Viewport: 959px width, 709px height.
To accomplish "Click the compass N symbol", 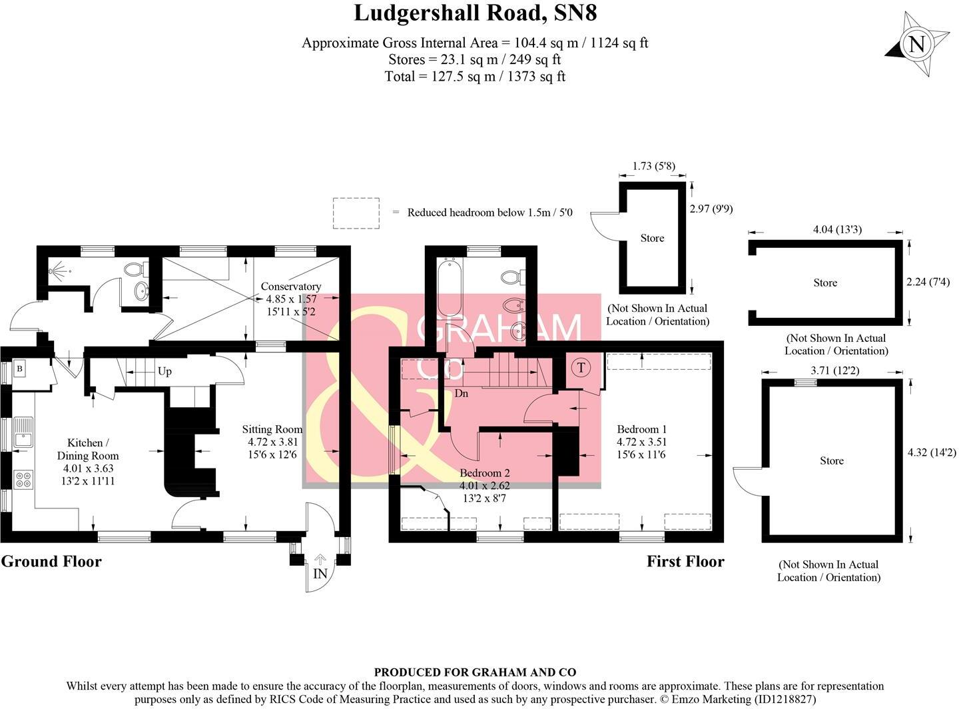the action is pos(917,45).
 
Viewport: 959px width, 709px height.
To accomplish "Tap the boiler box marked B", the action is pos(19,368).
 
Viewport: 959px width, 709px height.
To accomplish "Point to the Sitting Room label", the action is pos(272,429).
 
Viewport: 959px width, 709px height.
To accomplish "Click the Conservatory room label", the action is pos(291,287).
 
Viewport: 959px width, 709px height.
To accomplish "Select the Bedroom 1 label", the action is pos(641,429).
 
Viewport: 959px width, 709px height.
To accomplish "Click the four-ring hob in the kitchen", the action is pos(23,479).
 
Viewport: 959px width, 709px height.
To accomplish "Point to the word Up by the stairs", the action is pos(164,371).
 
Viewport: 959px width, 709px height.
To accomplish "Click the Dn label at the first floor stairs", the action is pos(461,393).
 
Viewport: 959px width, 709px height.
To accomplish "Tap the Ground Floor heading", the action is pos(51,561).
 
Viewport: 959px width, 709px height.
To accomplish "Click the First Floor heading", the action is pos(685,561).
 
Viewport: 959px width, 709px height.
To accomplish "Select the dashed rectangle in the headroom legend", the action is pos(356,213).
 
